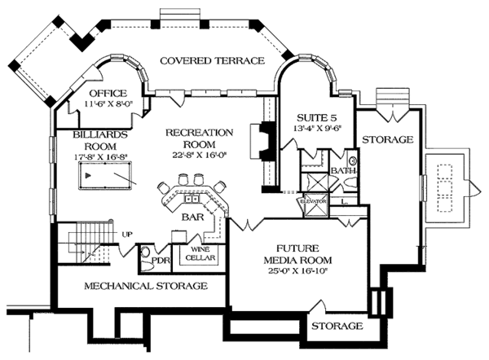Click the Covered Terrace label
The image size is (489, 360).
click(x=212, y=61)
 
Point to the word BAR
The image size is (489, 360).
click(x=192, y=217)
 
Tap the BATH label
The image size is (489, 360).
click(x=342, y=170)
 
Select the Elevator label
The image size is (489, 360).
click(x=315, y=200)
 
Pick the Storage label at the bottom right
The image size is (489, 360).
click(x=337, y=326)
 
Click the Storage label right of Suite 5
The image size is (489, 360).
click(x=387, y=140)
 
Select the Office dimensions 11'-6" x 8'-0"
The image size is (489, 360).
click(x=107, y=104)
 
